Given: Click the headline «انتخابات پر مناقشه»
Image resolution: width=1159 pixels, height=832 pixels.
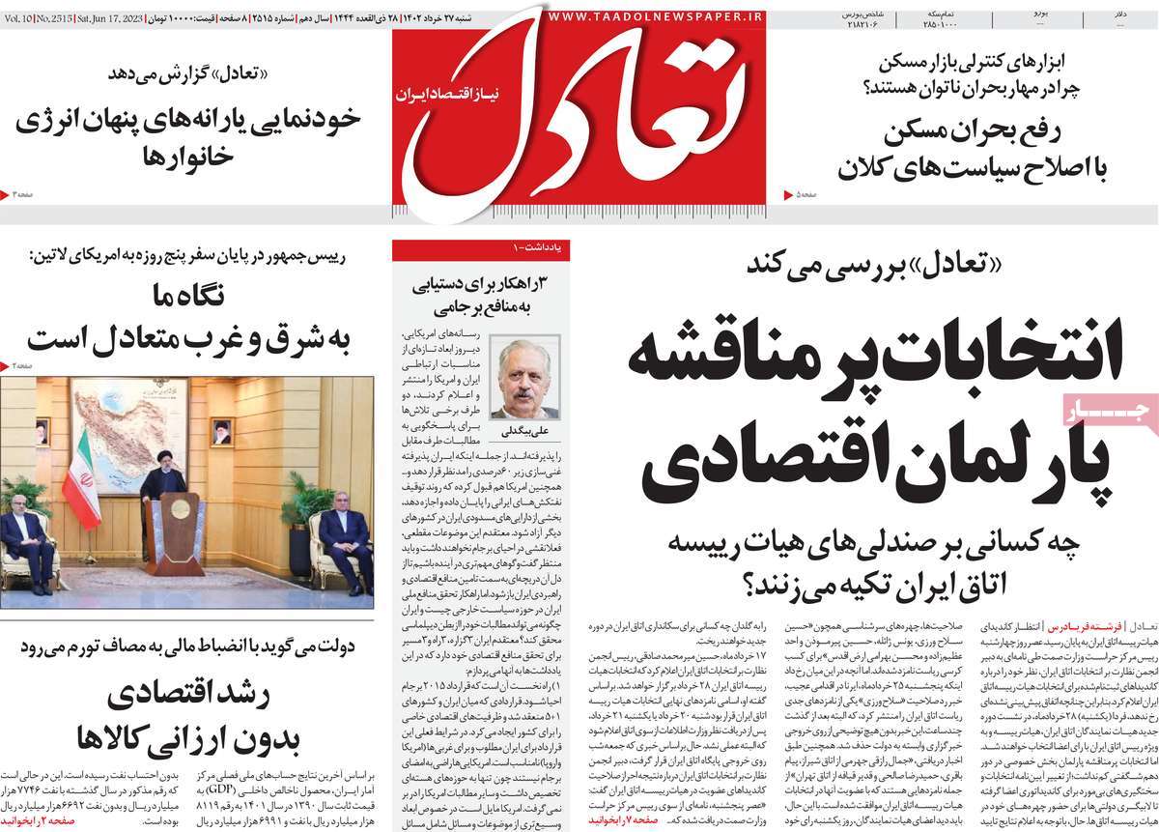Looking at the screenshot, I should click(874, 360).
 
